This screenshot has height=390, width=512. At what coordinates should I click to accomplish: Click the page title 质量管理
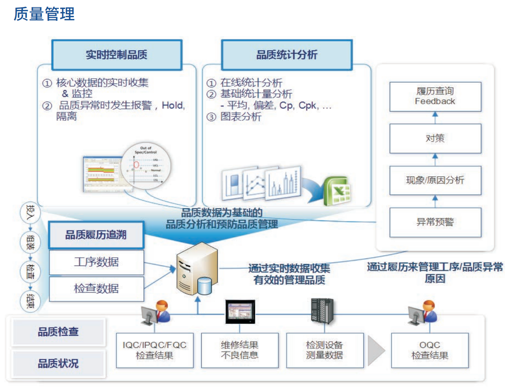(x=44, y=14)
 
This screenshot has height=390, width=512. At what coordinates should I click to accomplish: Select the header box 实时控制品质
(x=117, y=55)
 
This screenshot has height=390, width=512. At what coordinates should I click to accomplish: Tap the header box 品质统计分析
(x=287, y=55)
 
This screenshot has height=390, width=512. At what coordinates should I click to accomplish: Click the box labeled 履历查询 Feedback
(x=435, y=96)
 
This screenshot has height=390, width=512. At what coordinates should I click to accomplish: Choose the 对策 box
(x=435, y=138)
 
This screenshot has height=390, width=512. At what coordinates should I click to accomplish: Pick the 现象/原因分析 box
(x=435, y=180)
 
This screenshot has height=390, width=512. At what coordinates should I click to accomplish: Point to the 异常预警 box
(x=435, y=222)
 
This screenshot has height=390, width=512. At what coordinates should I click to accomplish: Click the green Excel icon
(x=337, y=191)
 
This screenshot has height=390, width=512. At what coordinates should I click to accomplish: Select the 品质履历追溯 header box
(x=96, y=235)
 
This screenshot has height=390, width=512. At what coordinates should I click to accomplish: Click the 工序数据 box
(x=96, y=262)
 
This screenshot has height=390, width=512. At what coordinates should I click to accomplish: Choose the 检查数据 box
(x=96, y=288)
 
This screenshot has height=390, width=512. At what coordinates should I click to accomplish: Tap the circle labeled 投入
(x=30, y=213)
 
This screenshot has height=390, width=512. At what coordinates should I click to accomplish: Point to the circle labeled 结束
(x=30, y=301)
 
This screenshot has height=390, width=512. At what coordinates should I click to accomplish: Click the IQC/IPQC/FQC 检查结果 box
(x=154, y=350)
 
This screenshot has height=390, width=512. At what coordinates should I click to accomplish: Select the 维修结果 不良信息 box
(x=239, y=350)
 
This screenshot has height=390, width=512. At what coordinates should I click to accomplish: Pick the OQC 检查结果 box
(x=430, y=350)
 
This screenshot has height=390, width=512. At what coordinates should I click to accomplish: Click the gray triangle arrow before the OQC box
(x=376, y=350)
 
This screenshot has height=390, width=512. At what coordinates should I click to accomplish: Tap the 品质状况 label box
(x=58, y=364)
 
